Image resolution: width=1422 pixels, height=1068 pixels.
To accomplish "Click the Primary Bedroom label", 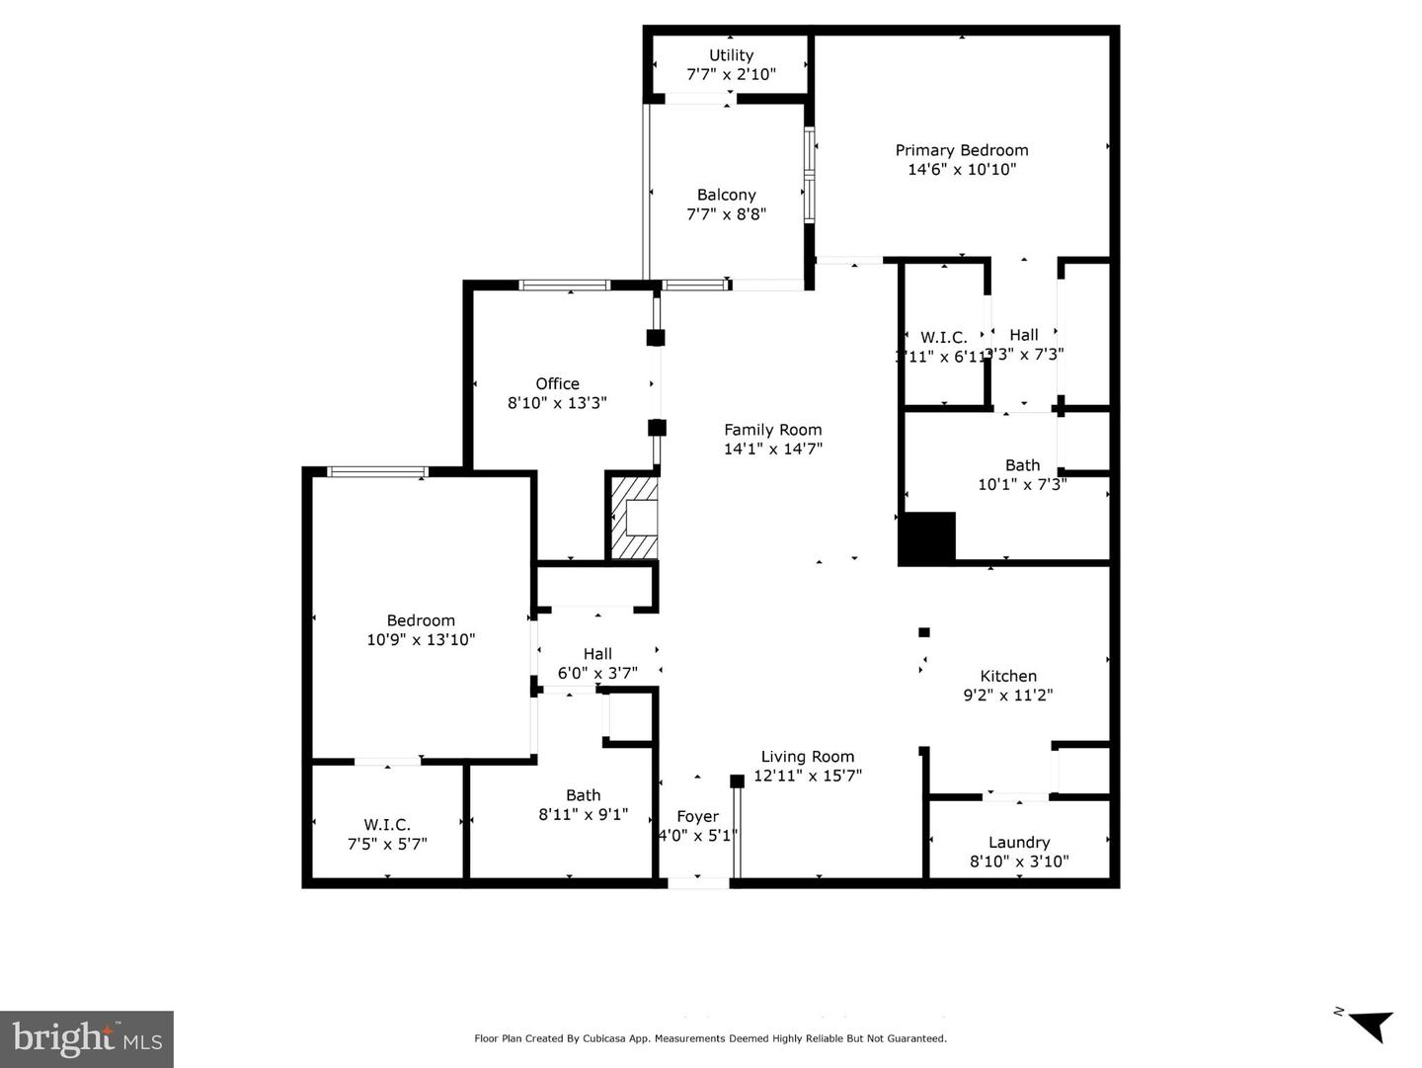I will pyautogui.click(x=961, y=150).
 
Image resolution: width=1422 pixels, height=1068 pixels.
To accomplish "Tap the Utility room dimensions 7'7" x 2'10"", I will pyautogui.click(x=731, y=74).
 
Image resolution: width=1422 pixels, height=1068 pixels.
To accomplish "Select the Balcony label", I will pyautogui.click(x=726, y=195).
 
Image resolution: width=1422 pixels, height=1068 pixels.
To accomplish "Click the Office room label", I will pyautogui.click(x=557, y=383).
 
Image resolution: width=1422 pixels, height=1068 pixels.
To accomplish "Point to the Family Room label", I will pyautogui.click(x=772, y=430).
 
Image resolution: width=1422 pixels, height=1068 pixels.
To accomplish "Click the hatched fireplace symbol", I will pyautogui.click(x=633, y=518).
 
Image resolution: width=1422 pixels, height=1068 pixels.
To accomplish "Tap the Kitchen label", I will pyautogui.click(x=1007, y=676).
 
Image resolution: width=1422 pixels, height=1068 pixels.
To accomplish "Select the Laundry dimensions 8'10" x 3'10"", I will pyautogui.click(x=1018, y=862).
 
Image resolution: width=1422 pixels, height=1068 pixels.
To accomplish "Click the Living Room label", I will pyautogui.click(x=807, y=757).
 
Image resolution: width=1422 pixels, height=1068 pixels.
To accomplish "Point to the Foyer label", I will pyautogui.click(x=697, y=816).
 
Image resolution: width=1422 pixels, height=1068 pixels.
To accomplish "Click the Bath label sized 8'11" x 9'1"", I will pyautogui.click(x=583, y=795).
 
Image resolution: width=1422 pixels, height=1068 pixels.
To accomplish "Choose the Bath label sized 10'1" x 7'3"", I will pyautogui.click(x=1022, y=465).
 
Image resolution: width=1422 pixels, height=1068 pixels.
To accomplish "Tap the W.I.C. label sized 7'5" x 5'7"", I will pyautogui.click(x=386, y=824).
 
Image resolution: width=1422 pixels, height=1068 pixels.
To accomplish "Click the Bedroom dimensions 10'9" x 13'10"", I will pyautogui.click(x=421, y=639).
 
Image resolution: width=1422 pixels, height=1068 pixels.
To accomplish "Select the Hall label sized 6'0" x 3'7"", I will pyautogui.click(x=596, y=654).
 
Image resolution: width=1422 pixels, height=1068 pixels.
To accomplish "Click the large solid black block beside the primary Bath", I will pyautogui.click(x=926, y=538).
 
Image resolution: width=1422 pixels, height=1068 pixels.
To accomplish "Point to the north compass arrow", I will pyautogui.click(x=1369, y=1025).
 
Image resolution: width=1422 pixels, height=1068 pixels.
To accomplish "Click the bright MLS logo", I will pyautogui.click(x=87, y=1038).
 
